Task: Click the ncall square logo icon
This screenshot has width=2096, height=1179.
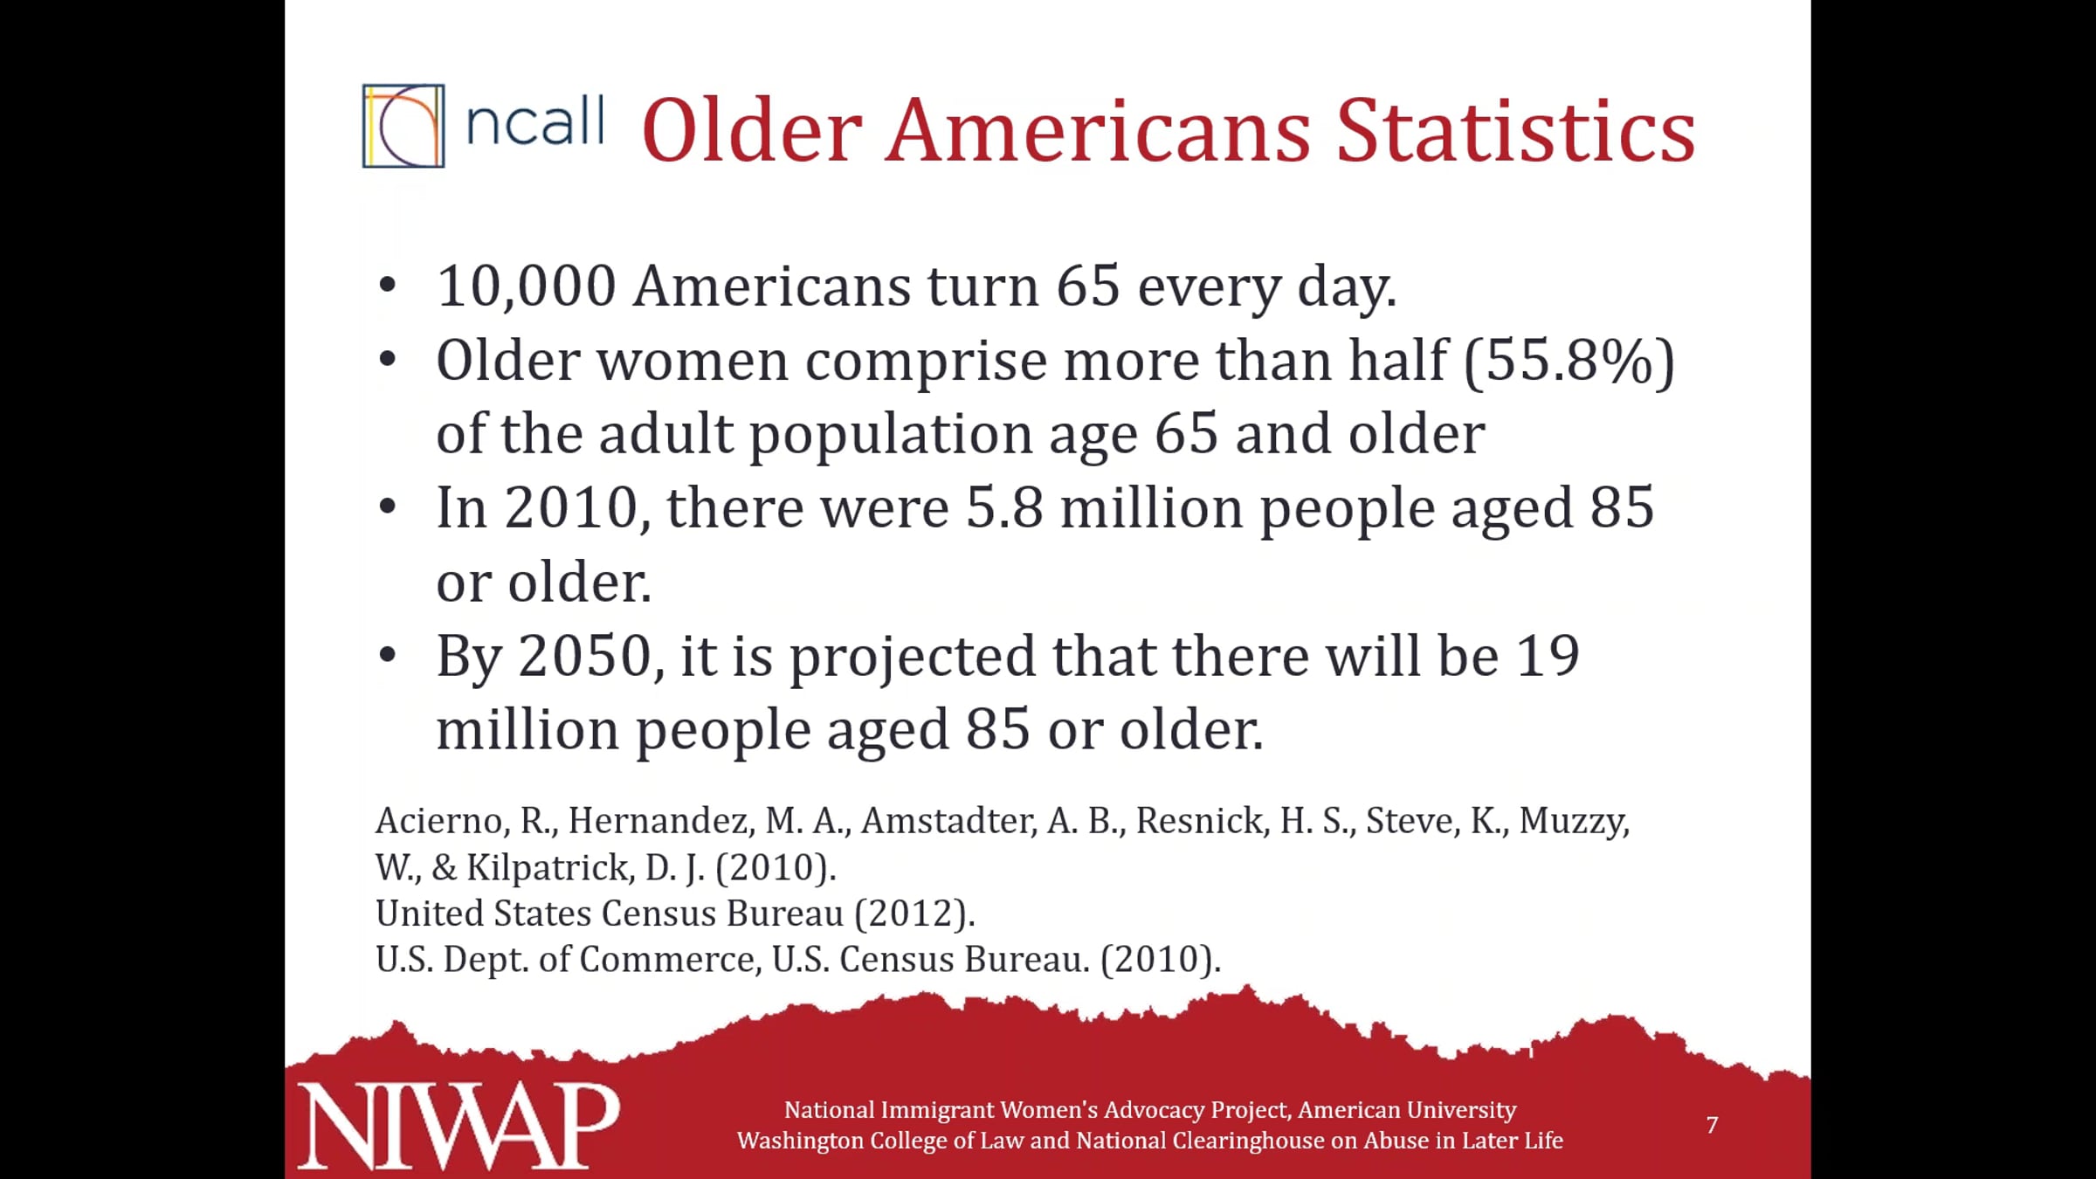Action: click(x=403, y=126)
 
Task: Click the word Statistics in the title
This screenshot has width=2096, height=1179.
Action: click(x=1515, y=131)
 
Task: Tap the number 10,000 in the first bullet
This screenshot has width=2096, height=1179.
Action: click(x=527, y=286)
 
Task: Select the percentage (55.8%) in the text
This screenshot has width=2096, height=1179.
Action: click(x=1569, y=360)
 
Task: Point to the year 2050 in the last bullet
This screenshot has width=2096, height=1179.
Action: click(x=586, y=656)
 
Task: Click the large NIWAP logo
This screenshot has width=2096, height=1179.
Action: click(x=458, y=1126)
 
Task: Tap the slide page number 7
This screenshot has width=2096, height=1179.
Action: click(x=1713, y=1125)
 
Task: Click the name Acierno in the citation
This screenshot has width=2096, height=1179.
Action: click(x=442, y=821)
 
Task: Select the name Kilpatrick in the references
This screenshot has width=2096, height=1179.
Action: click(x=549, y=867)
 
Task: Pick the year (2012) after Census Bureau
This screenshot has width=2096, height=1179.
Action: click(x=914, y=914)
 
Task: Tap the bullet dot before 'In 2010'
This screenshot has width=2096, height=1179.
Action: click(x=388, y=507)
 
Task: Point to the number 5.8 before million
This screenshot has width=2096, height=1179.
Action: click(x=1004, y=507)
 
